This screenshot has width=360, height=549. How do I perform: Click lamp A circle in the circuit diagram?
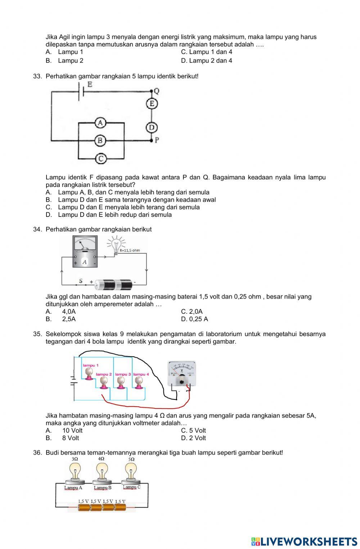click(x=100, y=123)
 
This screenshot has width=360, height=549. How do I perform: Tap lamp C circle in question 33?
click(x=101, y=159)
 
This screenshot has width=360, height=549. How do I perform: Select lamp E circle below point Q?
click(x=152, y=104)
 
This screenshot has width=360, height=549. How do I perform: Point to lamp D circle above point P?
click(x=152, y=127)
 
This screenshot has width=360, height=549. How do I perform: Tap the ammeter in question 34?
click(x=85, y=253)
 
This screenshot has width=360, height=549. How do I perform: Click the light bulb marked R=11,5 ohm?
click(x=116, y=245)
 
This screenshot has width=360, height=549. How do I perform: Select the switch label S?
click(x=81, y=281)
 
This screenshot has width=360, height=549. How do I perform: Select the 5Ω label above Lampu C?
click(x=131, y=459)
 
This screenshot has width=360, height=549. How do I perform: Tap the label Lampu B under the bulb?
click(x=103, y=488)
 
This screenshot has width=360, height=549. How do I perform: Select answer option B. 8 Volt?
click(x=67, y=438)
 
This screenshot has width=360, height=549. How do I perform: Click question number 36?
click(x=37, y=452)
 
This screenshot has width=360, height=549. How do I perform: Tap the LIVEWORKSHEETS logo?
click(x=304, y=541)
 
